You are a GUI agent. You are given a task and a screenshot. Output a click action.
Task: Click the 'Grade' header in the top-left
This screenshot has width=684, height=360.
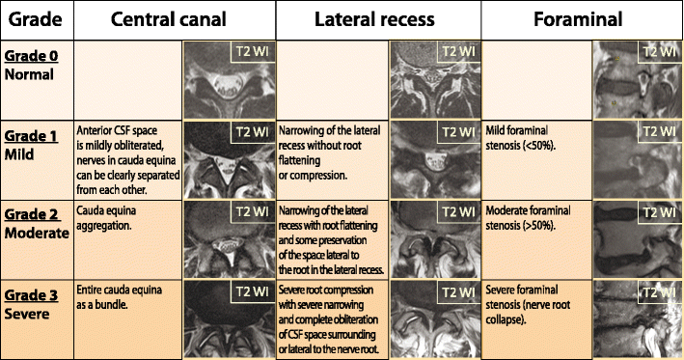click(33, 18)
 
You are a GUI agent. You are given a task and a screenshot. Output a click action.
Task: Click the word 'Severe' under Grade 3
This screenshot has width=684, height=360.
click(29, 310)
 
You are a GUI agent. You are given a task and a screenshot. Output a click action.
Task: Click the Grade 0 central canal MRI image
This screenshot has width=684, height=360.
click(229, 79)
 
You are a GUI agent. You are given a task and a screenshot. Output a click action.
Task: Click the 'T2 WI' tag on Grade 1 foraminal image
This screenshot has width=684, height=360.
click(661, 131)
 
